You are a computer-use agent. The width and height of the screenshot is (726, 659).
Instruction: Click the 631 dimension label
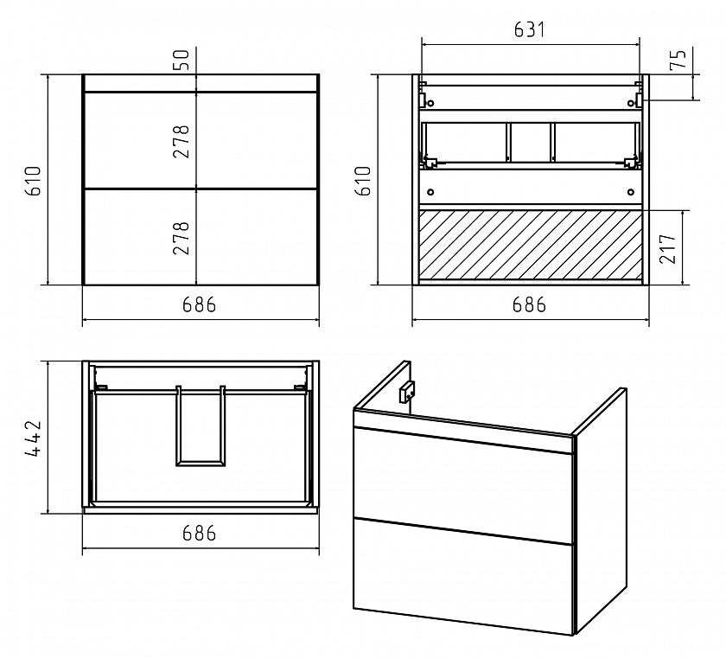click(529, 29)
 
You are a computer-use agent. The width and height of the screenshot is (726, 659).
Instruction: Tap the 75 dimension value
click(678, 59)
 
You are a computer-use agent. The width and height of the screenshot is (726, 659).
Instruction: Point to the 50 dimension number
click(181, 60)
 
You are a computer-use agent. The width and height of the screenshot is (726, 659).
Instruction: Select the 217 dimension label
click(668, 248)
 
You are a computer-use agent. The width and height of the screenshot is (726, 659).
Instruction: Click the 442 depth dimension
click(34, 438)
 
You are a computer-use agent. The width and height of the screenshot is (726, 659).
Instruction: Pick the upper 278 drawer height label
click(181, 142)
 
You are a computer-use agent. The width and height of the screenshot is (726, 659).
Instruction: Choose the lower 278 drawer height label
click(181, 238)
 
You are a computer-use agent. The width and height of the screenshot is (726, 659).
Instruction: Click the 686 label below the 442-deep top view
click(199, 533)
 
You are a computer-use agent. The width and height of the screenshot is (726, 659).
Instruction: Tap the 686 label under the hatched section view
click(529, 304)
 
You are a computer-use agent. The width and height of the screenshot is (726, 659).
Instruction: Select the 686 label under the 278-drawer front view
click(199, 304)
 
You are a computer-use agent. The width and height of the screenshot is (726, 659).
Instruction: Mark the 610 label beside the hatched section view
click(364, 181)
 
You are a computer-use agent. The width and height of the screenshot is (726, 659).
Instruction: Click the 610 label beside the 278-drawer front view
click(34, 181)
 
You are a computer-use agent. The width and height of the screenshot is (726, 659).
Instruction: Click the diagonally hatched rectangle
click(530, 245)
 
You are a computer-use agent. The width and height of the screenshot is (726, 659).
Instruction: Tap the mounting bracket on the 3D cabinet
click(407, 392)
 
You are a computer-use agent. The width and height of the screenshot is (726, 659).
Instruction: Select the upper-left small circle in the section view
click(430, 103)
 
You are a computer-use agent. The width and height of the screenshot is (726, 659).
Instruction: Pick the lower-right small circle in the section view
click(630, 192)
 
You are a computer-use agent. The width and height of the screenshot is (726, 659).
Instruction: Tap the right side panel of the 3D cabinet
click(601, 509)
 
